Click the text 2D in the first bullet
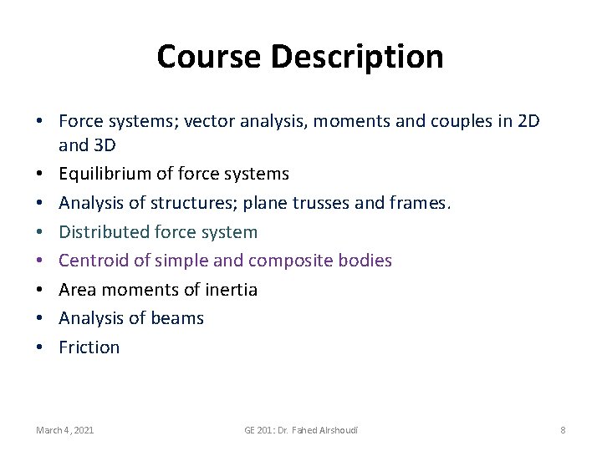pyautogui.click(x=528, y=121)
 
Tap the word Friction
pyautogui.click(x=89, y=347)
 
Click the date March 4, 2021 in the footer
pyautogui.click(x=65, y=430)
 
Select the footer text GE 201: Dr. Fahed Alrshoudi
pyautogui.click(x=301, y=430)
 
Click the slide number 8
pyautogui.click(x=563, y=430)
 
